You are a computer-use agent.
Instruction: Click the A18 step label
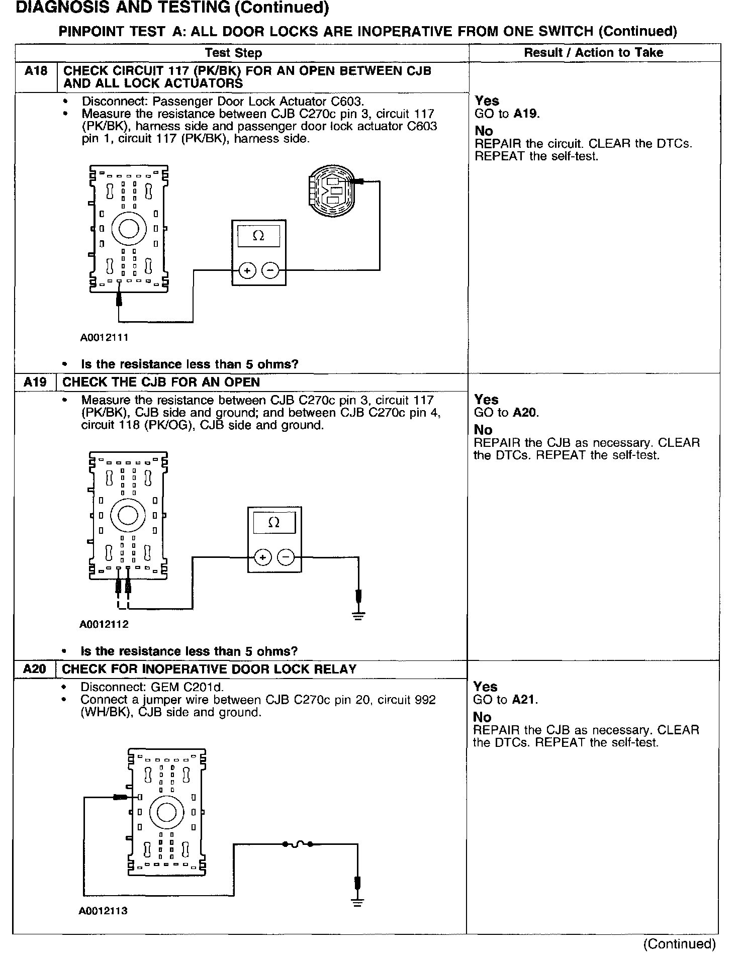coord(36,71)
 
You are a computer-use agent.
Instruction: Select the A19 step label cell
coord(35,382)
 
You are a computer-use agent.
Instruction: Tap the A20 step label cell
coord(35,669)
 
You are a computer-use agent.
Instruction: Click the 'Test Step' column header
coord(233,53)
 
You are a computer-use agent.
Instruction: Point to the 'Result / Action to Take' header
coord(593,53)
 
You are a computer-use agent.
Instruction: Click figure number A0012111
coord(104,338)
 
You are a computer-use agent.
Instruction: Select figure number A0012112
coord(104,625)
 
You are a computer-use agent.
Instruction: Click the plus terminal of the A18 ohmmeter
coord(247,271)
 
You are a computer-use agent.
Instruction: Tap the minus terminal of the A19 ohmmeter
coord(286,557)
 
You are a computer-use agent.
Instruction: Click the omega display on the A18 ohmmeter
coord(258,236)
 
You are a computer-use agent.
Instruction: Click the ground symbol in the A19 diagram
coord(358,615)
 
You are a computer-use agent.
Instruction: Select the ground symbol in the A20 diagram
coord(357,902)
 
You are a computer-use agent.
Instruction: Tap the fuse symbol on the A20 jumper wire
coord(298,844)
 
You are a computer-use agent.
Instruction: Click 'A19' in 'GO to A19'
coord(526,114)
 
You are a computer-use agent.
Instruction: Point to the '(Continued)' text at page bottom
coord(679,944)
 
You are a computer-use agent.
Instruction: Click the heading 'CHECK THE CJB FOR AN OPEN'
coord(161,382)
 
